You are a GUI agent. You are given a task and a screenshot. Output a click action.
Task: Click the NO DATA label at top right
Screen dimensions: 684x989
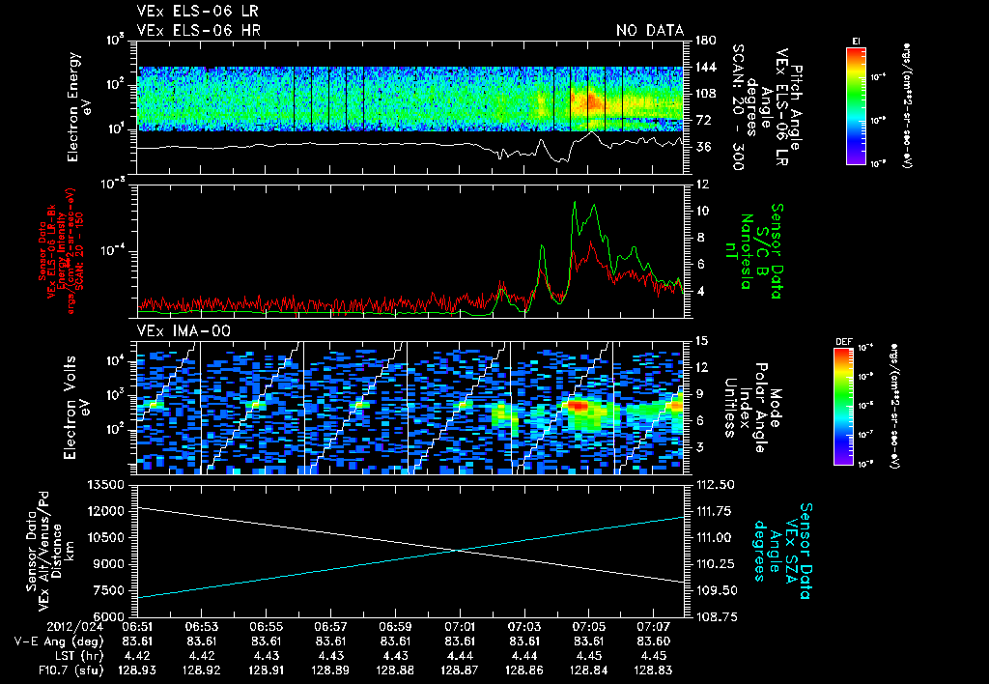[x=649, y=31]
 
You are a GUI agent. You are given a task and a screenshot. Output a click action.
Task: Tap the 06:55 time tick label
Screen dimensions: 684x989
[x=266, y=627]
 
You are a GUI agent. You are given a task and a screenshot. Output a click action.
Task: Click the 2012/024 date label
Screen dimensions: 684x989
[x=42, y=627]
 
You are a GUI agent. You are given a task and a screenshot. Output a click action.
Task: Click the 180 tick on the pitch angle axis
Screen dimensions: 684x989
[x=703, y=41]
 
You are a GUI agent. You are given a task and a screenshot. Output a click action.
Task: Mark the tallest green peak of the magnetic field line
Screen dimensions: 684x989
[x=576, y=202]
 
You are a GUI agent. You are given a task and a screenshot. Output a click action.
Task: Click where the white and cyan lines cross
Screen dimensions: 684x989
[x=458, y=551]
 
